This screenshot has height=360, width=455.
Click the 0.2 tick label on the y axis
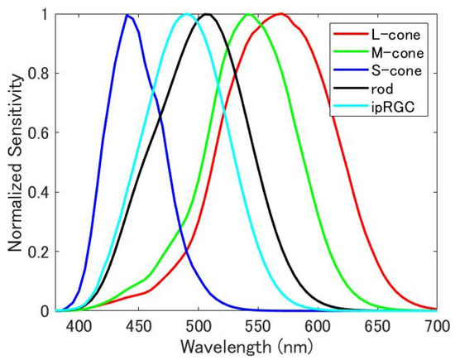[40, 252]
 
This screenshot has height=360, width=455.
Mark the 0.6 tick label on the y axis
[40, 132]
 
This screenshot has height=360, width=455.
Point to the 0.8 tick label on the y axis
[40, 73]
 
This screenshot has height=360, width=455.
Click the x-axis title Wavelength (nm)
[247, 345]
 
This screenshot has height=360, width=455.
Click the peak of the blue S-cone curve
[127, 15]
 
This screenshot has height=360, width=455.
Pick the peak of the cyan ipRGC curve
[187, 14]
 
